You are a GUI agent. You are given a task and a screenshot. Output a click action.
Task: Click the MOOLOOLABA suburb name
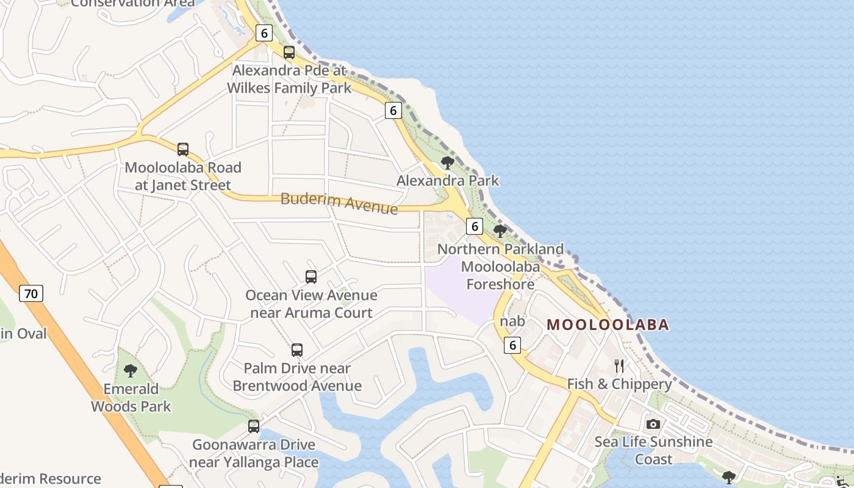pyautogui.click(x=608, y=325)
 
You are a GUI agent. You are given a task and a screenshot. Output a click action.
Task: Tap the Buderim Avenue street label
pyautogui.click(x=339, y=203)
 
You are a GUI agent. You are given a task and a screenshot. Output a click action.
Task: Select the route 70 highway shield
pyautogui.click(x=31, y=293)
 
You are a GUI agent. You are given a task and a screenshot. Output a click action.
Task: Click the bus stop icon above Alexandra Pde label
pyautogui.click(x=289, y=52)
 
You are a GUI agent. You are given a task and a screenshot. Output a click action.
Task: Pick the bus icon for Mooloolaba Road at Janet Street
pyautogui.click(x=182, y=149)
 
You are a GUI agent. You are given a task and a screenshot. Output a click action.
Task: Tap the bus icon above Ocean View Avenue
pyautogui.click(x=311, y=277)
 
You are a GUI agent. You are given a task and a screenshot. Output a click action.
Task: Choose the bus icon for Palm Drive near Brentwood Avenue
pyautogui.click(x=297, y=350)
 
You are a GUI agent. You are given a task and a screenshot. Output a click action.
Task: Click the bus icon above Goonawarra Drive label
pyautogui.click(x=254, y=426)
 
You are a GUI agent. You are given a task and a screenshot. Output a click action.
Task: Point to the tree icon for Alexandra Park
pyautogui.click(x=447, y=162)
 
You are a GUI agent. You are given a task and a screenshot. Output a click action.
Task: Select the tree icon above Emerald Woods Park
pyautogui.click(x=130, y=370)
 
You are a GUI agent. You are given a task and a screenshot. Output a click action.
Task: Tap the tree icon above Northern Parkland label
pyautogui.click(x=500, y=231)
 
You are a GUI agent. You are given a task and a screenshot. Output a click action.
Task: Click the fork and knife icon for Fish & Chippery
pyautogui.click(x=619, y=366)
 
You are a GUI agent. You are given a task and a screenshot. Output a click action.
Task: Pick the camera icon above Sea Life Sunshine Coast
pyautogui.click(x=653, y=424)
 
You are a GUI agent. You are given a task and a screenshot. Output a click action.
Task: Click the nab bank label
pyautogui.click(x=512, y=321)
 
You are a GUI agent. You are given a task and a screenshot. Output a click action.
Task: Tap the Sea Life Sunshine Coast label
pyautogui.click(x=653, y=450)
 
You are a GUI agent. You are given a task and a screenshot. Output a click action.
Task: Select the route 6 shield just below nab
pyautogui.click(x=512, y=345)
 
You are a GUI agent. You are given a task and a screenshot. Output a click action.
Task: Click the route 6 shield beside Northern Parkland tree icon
pyautogui.click(x=475, y=226)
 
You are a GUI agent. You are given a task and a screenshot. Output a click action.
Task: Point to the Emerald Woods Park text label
pyautogui.click(x=131, y=398)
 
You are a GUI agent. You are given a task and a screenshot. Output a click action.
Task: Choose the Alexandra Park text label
pyautogui.click(x=447, y=181)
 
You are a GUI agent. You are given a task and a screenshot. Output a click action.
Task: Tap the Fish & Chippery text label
pyautogui.click(x=619, y=384)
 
